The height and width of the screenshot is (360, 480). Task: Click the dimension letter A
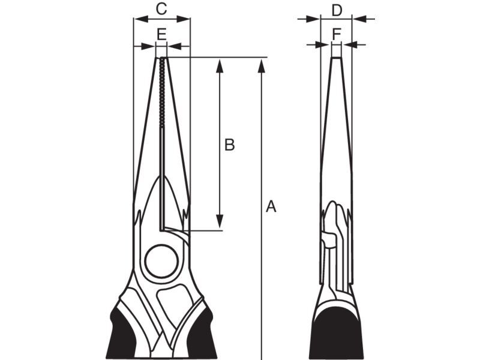pyautogui.click(x=271, y=206)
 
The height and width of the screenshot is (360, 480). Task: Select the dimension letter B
pyautogui.click(x=230, y=145)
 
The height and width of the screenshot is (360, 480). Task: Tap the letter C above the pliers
pyautogui.click(x=161, y=9)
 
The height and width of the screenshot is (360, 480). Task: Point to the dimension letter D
pyautogui.click(x=337, y=11)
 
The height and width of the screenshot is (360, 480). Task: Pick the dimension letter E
pyautogui.click(x=161, y=34)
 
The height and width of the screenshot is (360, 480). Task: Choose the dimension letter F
pyautogui.click(x=337, y=34)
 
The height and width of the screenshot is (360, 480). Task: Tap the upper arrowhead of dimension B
pyautogui.click(x=219, y=67)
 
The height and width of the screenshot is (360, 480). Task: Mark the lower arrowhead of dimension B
pyautogui.click(x=219, y=221)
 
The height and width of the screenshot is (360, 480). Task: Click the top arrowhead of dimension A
pyautogui.click(x=261, y=67)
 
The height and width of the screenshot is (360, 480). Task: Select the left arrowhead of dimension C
pyautogui.click(x=141, y=19)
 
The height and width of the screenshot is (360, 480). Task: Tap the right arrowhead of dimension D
pyautogui.click(x=359, y=19)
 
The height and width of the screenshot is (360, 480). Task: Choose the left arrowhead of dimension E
pyautogui.click(x=148, y=46)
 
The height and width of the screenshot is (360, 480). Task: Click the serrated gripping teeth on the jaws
pyautogui.click(x=162, y=92)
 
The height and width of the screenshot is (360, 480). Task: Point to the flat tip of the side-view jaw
pyautogui.click(x=337, y=58)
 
